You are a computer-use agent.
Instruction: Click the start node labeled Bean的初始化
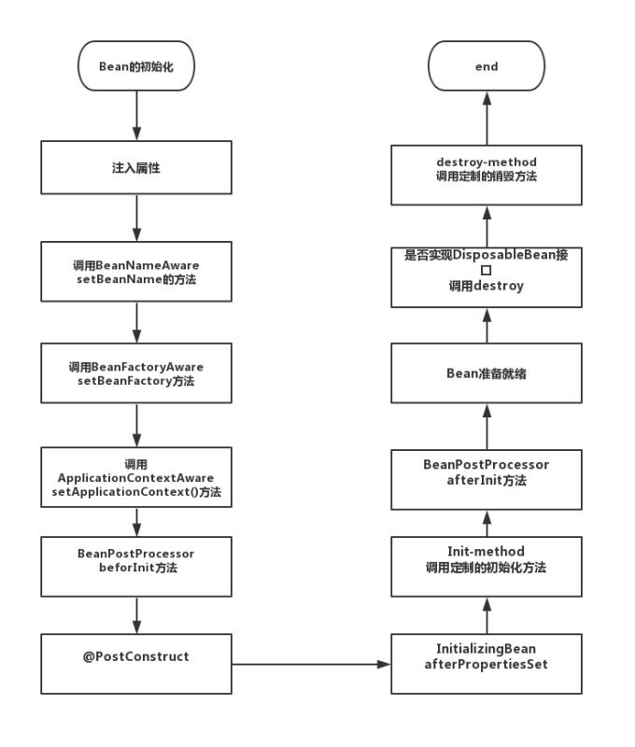136,66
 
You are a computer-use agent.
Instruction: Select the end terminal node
486,66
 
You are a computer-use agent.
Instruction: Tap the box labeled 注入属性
136,167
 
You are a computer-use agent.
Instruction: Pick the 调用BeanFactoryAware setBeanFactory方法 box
136,373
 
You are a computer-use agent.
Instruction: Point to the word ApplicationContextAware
136,478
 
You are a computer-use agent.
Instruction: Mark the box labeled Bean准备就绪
486,373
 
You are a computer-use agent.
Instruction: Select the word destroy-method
487,162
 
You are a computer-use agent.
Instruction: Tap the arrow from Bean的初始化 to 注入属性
136,117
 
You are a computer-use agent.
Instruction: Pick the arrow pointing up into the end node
486,119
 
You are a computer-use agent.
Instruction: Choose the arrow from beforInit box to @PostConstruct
136,615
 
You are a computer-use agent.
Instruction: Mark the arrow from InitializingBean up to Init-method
486,615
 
